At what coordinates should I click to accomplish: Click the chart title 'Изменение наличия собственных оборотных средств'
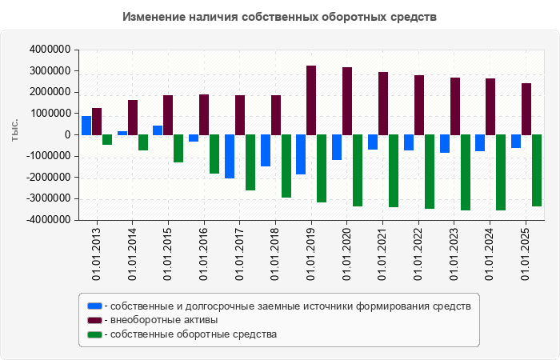[280, 17]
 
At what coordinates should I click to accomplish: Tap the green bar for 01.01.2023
[465, 172]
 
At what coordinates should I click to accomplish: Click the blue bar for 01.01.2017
[230, 156]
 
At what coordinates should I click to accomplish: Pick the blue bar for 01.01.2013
[86, 126]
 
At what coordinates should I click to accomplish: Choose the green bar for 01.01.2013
[107, 139]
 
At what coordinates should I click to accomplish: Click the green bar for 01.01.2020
[358, 170]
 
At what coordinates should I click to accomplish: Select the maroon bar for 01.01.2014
[133, 117]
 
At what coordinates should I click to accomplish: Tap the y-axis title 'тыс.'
[14, 130]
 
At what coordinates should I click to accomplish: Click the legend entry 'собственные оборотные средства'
[193, 334]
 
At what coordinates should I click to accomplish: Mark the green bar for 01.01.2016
[214, 154]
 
